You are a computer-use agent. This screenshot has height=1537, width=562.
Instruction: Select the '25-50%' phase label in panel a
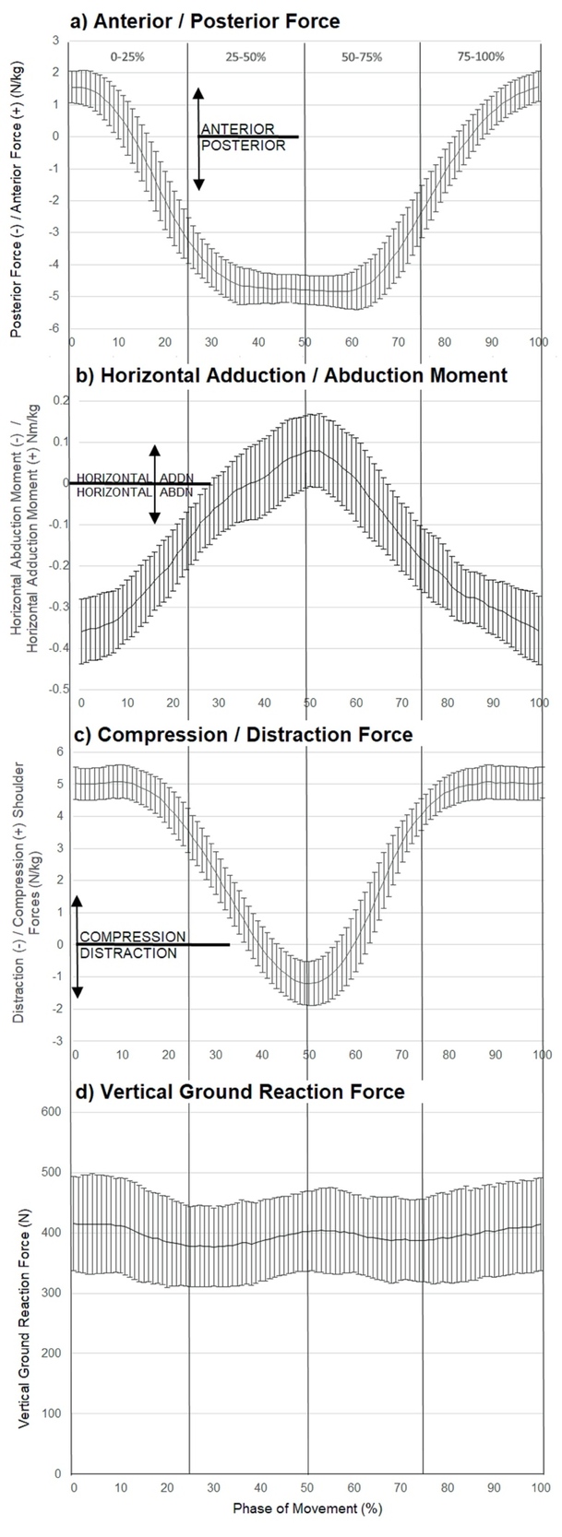[245, 56]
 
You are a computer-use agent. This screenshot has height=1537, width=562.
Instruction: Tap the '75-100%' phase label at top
[480, 56]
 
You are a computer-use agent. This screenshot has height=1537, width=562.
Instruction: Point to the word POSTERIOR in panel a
[244, 146]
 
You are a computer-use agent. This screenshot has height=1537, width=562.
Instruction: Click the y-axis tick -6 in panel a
[55, 328]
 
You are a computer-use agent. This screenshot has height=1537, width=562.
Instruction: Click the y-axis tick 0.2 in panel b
[60, 400]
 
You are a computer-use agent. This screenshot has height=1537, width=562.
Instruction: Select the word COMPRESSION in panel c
[133, 938]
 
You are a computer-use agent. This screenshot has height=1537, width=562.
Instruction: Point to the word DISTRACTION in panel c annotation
[128, 953]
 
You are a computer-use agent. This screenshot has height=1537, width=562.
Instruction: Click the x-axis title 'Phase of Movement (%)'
[307, 1508]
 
